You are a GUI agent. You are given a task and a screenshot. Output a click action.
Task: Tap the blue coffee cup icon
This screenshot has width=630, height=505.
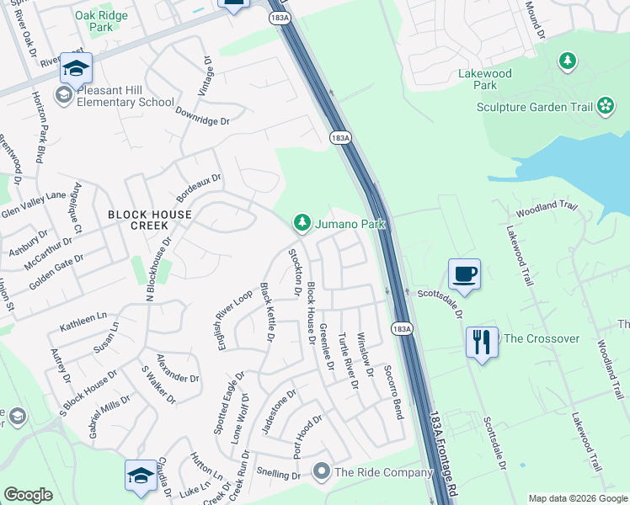point(464,274)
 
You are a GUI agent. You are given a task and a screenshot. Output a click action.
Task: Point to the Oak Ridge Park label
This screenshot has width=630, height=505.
point(101,21)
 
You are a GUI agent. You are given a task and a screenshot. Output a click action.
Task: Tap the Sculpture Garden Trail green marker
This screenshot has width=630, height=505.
point(606,106)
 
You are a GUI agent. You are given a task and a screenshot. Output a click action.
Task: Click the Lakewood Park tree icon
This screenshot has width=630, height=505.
point(569,61)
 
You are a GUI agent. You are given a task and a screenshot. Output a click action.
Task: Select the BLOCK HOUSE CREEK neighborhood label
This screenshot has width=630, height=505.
point(150,215)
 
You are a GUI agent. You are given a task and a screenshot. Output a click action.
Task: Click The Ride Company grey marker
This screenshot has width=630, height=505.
point(321,473)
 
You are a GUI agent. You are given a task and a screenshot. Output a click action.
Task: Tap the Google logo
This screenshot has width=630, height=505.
point(28,494)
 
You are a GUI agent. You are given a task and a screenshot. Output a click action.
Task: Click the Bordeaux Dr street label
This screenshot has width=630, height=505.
point(199,189)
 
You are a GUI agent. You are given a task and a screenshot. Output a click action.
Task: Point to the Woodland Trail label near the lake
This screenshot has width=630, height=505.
point(547,208)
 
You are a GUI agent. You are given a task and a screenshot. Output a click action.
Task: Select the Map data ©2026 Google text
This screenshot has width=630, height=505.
point(577,498)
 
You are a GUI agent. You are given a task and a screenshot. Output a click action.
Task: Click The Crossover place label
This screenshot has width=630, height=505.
point(541,338)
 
